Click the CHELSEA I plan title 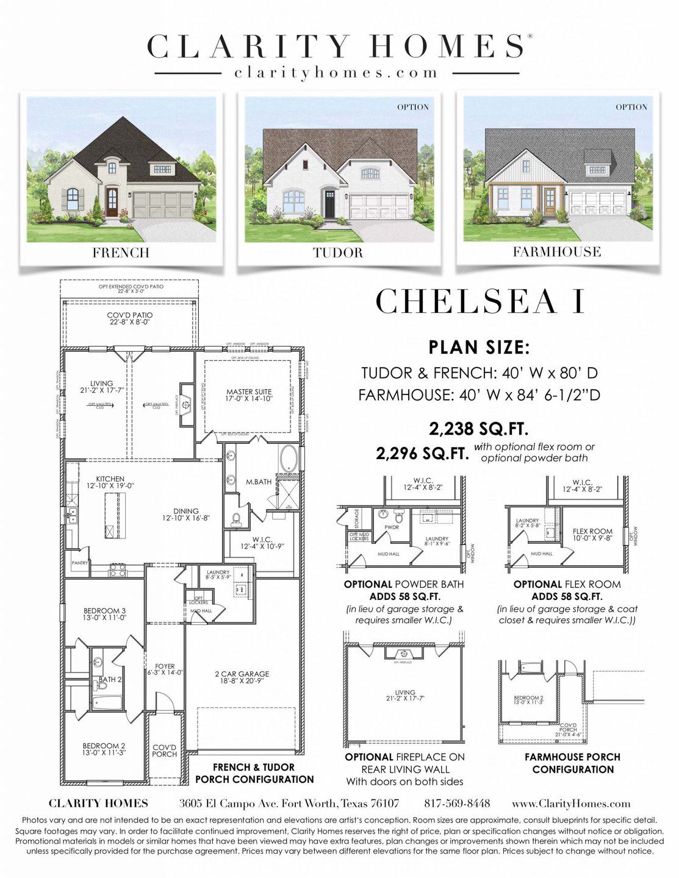[480, 301]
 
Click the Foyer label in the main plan [165, 669]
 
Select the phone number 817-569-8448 [457, 803]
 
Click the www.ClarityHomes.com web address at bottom [571, 803]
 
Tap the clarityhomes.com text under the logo [336, 73]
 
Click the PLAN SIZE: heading [479, 348]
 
